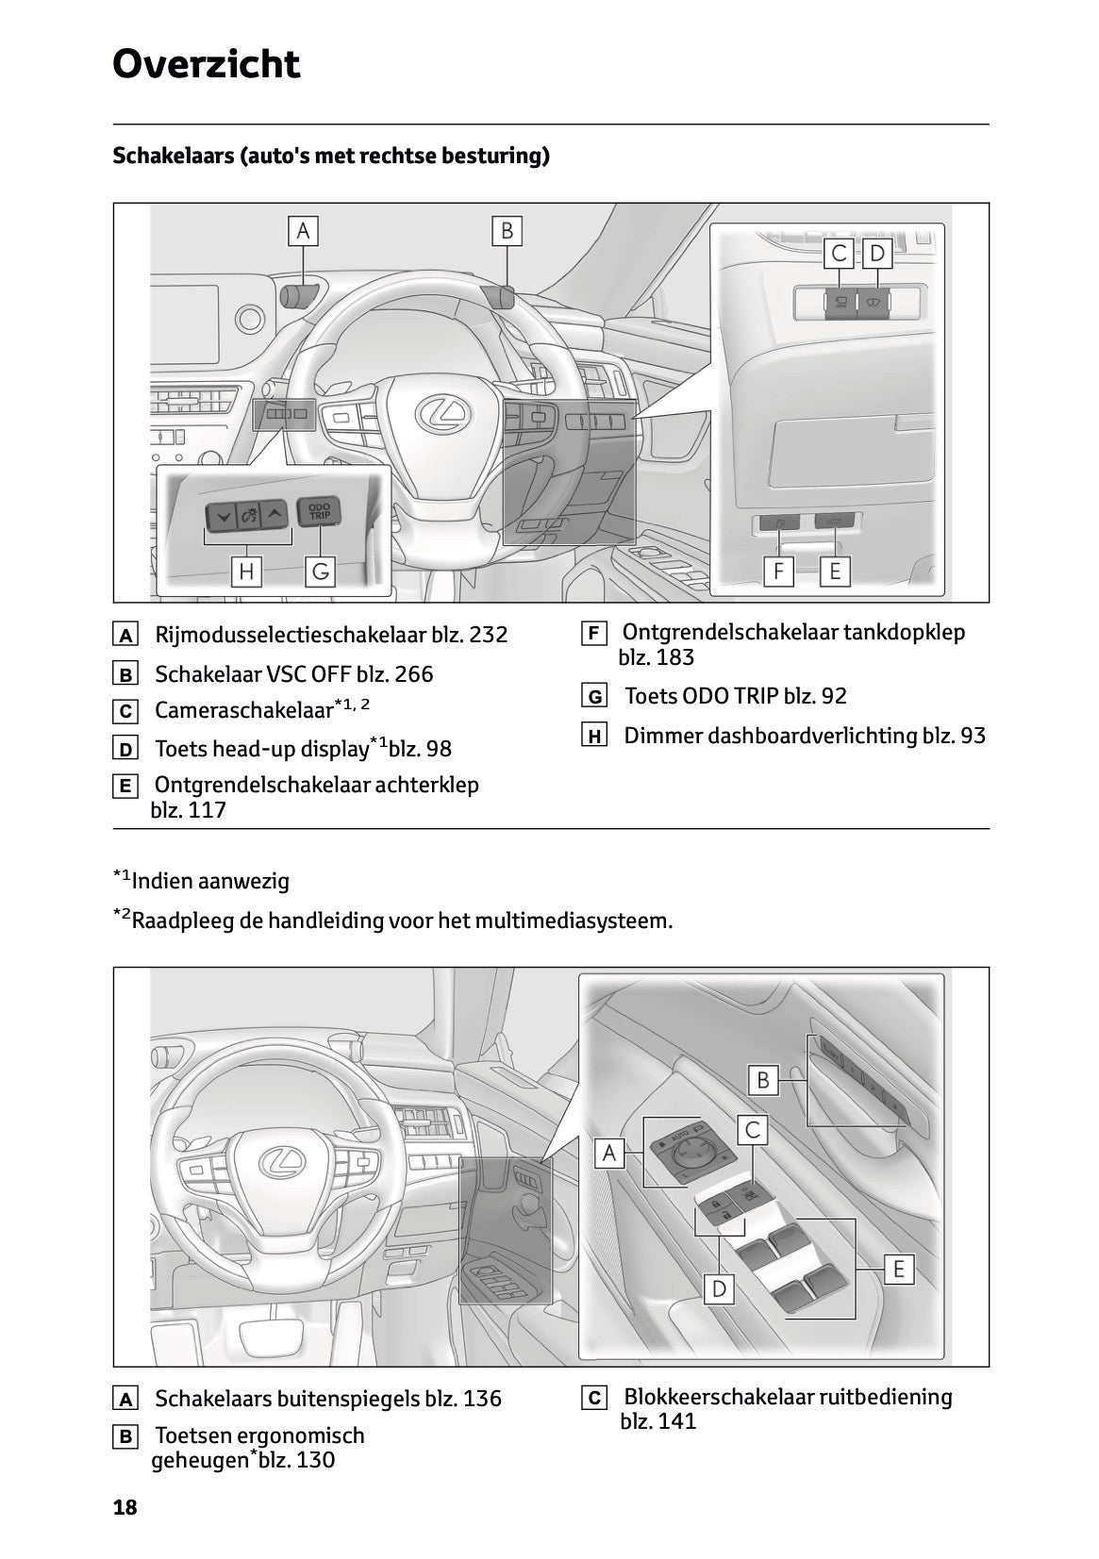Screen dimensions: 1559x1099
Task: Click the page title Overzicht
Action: pos(206,64)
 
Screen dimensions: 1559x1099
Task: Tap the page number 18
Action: pos(125,1507)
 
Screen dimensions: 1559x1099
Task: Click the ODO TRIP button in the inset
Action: pos(319,512)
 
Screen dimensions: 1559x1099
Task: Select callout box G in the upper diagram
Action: pos(320,572)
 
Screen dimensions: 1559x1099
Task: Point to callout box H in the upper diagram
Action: pos(246,572)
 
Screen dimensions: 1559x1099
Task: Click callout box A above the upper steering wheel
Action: pos(303,231)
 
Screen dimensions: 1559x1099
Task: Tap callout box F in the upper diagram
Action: pos(778,572)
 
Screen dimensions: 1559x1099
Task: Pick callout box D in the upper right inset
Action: pos(877,254)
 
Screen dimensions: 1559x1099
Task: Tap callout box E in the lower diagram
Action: pos(898,1269)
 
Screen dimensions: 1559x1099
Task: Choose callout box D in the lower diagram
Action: pos(719,1288)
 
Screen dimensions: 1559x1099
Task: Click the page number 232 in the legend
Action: pos(488,635)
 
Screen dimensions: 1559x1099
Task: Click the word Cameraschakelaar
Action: pos(243,710)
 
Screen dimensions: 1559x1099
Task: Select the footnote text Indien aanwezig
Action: pos(210,882)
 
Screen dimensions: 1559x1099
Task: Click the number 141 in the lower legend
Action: pos(677,1421)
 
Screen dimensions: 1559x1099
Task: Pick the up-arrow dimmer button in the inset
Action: pos(274,515)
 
